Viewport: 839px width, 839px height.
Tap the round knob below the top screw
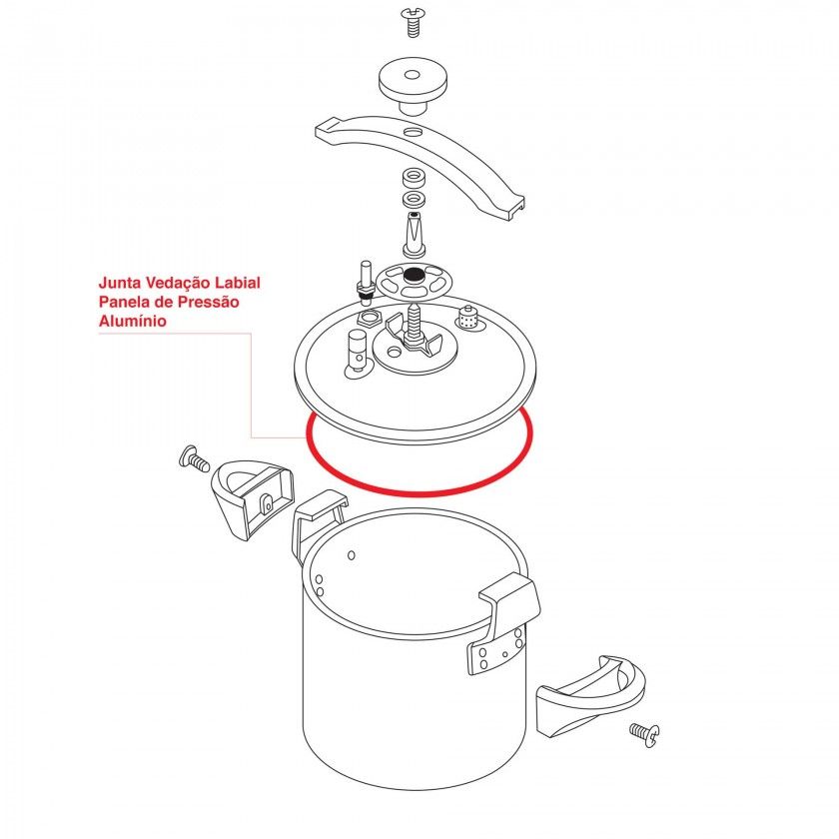point(412,85)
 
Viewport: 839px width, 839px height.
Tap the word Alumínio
point(133,321)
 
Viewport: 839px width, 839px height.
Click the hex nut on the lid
point(370,319)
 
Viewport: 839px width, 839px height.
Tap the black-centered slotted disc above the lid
point(412,281)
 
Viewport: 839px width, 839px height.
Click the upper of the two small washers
point(414,177)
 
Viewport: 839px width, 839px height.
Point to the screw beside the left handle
point(194,459)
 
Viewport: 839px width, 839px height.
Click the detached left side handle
point(253,498)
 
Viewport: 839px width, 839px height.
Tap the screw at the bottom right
point(644,734)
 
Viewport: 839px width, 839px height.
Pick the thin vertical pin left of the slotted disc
point(366,281)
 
